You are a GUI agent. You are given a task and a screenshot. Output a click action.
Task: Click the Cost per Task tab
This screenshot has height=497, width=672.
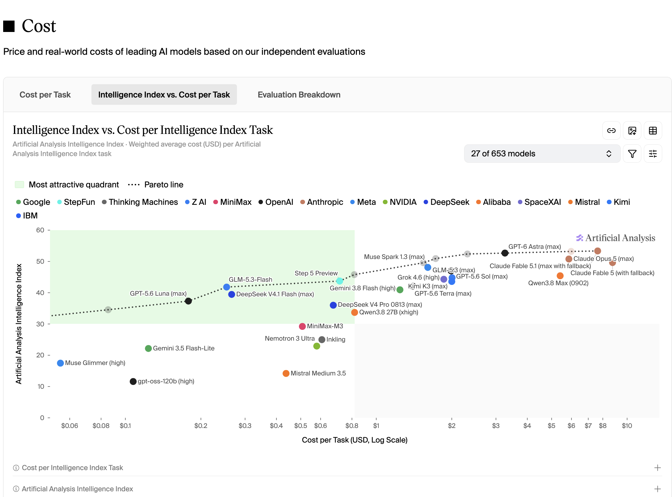(45, 95)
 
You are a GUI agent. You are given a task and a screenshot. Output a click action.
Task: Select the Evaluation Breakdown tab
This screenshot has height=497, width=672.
(299, 95)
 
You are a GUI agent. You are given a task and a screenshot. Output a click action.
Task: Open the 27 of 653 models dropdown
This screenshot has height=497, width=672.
(542, 154)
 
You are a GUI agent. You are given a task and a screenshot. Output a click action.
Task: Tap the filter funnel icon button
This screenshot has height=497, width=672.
(632, 154)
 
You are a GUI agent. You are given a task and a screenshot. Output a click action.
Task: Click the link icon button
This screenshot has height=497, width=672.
(611, 130)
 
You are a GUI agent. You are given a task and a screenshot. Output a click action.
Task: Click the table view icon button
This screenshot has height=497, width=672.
(653, 130)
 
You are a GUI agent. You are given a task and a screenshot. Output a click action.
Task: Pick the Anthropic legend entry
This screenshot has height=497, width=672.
(321, 202)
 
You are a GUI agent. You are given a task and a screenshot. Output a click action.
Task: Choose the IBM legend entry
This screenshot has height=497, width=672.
(27, 216)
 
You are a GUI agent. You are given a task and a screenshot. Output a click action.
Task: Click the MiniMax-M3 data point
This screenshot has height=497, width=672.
(302, 326)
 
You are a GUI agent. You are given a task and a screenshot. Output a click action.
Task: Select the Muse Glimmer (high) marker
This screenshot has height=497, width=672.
(60, 363)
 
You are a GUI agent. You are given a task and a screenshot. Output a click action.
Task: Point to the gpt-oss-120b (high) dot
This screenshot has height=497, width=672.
(133, 381)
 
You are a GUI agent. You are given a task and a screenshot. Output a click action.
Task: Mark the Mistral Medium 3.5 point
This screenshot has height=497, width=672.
(286, 374)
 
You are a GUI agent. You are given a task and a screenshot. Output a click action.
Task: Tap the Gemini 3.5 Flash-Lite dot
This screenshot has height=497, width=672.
(148, 349)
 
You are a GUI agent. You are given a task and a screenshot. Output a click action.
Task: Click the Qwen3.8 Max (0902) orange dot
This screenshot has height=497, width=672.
(560, 276)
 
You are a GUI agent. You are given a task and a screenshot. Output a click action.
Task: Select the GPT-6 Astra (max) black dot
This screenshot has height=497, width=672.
(505, 253)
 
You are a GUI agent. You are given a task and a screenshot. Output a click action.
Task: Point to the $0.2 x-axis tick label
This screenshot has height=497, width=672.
(201, 426)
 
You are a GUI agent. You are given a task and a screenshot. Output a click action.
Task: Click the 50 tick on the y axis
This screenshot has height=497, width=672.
(40, 261)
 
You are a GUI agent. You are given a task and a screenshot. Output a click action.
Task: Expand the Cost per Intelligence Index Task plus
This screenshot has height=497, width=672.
(657, 468)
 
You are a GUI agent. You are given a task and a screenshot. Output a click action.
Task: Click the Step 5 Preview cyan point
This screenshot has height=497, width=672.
(339, 281)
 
